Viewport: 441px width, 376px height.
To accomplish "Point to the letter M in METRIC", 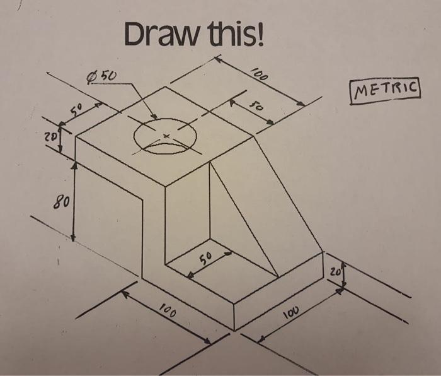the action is pos(359,93).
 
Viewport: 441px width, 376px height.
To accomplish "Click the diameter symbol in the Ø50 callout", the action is pos(93,78).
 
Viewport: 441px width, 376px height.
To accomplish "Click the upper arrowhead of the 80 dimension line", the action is pos(74,165).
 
